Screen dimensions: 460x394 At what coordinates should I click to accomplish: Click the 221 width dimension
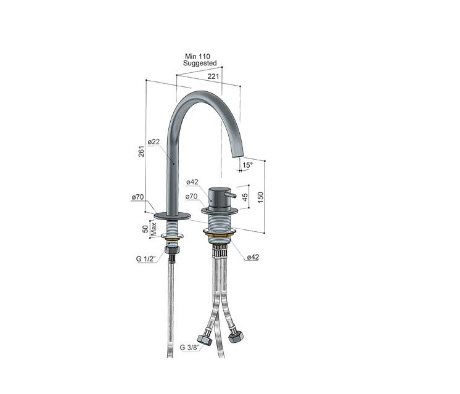213,76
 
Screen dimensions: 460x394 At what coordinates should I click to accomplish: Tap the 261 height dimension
142,151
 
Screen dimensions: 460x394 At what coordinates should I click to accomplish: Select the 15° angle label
247,165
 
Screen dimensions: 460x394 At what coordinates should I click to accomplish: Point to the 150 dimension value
260,197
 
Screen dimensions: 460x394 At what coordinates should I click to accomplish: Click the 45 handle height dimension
245,197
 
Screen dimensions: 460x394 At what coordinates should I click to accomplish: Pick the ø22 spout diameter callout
154,142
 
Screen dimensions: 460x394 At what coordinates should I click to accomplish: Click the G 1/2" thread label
146,259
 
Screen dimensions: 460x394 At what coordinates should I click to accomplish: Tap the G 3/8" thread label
189,348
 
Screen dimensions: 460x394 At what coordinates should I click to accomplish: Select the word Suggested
200,63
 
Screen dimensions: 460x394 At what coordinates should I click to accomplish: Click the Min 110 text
197,56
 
